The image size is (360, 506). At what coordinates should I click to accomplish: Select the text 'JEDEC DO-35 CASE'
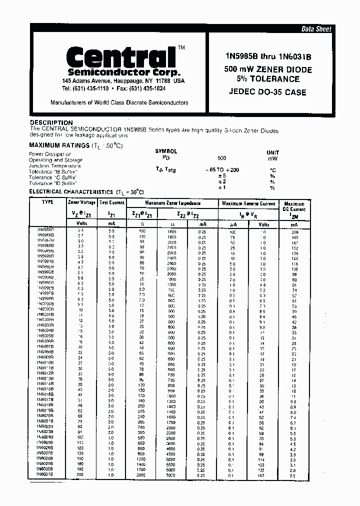[267, 92]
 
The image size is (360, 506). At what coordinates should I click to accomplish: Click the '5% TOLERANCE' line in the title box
[267, 79]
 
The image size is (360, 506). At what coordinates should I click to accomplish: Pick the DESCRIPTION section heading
[51, 122]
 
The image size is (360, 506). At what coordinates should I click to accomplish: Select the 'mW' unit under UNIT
[273, 158]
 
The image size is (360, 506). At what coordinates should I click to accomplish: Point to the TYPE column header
[47, 202]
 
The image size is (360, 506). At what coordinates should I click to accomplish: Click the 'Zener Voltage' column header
[81, 203]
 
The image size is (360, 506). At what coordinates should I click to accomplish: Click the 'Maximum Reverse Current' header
[248, 203]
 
